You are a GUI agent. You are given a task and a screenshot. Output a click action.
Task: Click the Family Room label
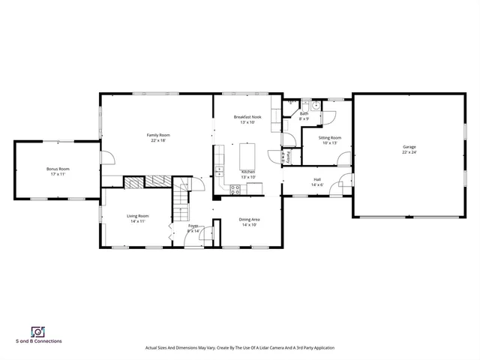click(x=158, y=135)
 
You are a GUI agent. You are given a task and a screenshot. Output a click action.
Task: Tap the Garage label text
click(x=409, y=147)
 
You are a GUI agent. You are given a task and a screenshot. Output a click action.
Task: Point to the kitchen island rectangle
click(x=247, y=155)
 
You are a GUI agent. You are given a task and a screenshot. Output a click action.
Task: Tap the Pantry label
click(x=289, y=157)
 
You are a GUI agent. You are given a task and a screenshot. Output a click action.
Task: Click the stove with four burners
click(x=235, y=189)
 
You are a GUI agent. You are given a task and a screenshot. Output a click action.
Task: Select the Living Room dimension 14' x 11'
click(x=137, y=221)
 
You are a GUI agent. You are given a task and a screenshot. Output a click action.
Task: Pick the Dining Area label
click(x=249, y=219)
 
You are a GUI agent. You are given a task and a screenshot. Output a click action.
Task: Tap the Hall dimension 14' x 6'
click(x=317, y=184)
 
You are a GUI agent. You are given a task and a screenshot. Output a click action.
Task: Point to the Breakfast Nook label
click(x=247, y=118)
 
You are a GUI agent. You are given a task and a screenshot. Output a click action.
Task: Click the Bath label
click(x=304, y=114)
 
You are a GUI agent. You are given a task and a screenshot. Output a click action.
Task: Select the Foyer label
click(x=193, y=225)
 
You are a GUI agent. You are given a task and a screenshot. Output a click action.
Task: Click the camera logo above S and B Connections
click(x=37, y=331)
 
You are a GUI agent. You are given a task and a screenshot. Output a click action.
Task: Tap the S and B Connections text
click(x=38, y=341)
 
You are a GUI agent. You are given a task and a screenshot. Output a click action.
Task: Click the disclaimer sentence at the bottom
click(x=239, y=348)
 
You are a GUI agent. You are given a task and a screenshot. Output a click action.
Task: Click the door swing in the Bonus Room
click(x=107, y=157)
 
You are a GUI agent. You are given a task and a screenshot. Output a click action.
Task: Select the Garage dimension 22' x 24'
click(x=409, y=152)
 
